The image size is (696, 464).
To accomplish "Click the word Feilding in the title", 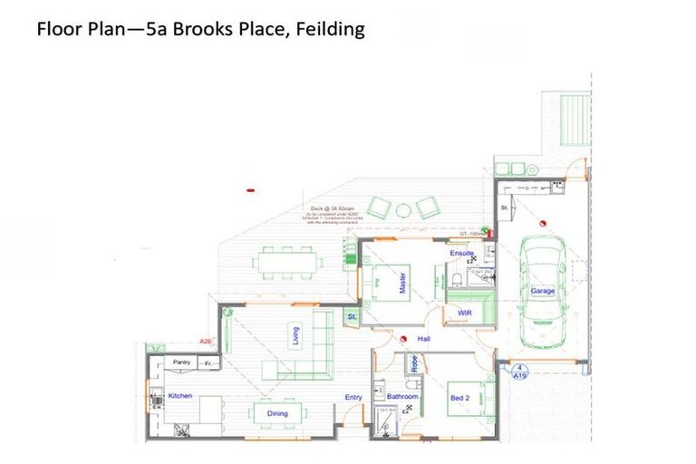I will [x=323, y=30].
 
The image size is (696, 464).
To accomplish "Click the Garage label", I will [x=543, y=291].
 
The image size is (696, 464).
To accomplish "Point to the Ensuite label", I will [x=461, y=254].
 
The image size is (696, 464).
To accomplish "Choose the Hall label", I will [x=423, y=339].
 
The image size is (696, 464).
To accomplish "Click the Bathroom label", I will [x=402, y=397].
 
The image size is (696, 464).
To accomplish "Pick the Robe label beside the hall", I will [x=413, y=366].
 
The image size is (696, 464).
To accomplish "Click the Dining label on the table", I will [x=277, y=414].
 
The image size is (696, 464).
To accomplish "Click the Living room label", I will [x=295, y=336].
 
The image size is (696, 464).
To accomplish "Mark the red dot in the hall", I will [x=399, y=338].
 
